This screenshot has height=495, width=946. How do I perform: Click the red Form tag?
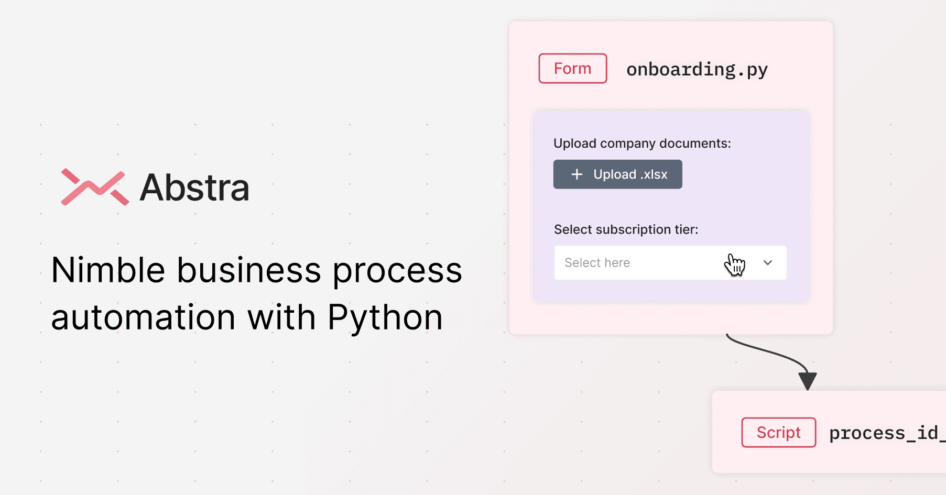(573, 69)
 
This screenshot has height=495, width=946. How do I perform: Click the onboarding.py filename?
(697, 70)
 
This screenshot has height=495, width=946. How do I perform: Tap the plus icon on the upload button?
(577, 174)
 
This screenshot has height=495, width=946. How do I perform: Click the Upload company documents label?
(642, 144)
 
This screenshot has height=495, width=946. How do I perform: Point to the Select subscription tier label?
(626, 229)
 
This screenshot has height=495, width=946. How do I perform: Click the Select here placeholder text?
(597, 263)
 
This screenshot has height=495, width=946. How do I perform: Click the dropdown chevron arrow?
(768, 263)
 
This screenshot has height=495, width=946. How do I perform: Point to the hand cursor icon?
(735, 265)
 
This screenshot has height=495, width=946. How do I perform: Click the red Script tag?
(779, 433)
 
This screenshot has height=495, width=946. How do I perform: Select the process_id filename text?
(887, 433)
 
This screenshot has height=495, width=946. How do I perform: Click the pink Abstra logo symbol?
(95, 187)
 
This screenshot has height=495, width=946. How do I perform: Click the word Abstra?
(194, 188)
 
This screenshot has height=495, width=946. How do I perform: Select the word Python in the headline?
(385, 318)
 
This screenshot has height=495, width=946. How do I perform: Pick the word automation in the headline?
(144, 318)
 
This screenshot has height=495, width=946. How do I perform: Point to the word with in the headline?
(282, 317)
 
